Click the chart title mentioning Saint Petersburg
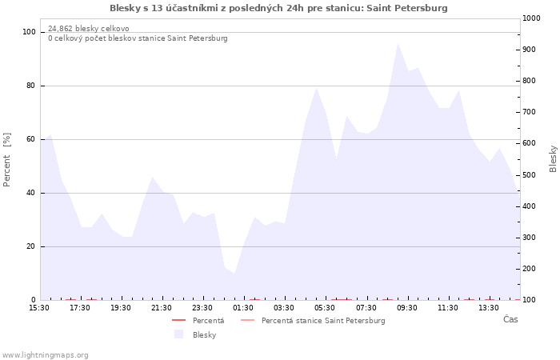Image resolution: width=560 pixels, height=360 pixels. click(x=278, y=8)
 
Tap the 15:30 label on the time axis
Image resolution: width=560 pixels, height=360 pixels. click(x=39, y=308)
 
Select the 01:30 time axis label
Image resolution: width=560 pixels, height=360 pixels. click(x=243, y=308)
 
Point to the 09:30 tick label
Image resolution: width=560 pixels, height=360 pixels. click(x=406, y=308)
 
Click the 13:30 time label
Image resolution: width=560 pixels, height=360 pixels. click(x=489, y=308)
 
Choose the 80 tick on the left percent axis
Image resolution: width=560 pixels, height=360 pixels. click(x=30, y=86)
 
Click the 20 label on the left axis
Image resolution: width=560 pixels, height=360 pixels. click(x=30, y=246)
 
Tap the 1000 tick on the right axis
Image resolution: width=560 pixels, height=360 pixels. click(x=531, y=18)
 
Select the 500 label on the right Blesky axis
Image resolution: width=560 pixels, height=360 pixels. click(x=530, y=175)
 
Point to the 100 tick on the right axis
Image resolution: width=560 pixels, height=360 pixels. click(x=530, y=300)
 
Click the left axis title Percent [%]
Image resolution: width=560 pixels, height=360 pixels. click(x=6, y=160)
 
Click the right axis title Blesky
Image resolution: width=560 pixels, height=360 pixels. click(x=553, y=158)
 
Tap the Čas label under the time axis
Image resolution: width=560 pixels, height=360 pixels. click(x=510, y=319)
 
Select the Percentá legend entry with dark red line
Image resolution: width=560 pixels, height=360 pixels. click(x=198, y=320)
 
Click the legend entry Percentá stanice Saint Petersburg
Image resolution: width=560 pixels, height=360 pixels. click(x=313, y=320)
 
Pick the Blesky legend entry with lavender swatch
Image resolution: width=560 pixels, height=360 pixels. click(x=195, y=334)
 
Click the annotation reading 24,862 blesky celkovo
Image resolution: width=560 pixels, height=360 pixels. click(x=89, y=29)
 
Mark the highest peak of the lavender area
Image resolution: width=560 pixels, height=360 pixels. click(x=398, y=43)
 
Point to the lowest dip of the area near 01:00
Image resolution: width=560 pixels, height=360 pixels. click(x=234, y=274)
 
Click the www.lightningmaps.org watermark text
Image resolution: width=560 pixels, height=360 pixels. click(x=45, y=355)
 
